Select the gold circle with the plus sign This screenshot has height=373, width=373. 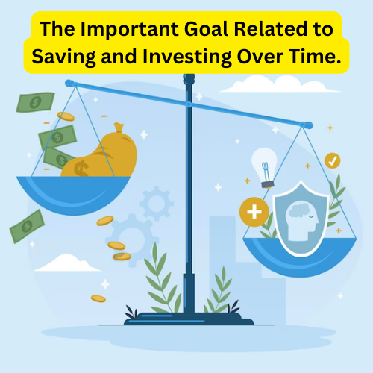click(x=254, y=213)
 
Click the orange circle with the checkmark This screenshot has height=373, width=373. click(x=332, y=160)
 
